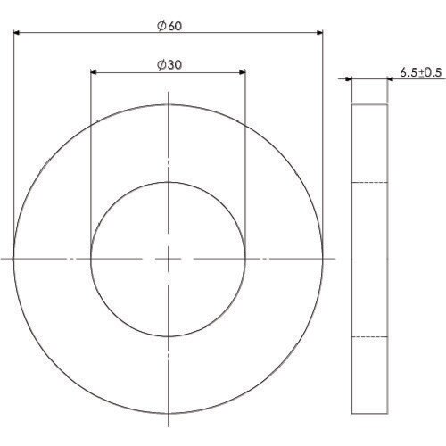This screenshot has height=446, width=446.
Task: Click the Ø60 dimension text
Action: [169, 26]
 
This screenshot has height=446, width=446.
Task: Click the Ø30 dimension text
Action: [169, 65]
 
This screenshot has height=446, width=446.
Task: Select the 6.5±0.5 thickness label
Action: [421, 72]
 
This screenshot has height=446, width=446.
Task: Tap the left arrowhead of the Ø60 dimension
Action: [17, 32]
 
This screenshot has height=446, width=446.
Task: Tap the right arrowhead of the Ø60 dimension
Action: [319, 32]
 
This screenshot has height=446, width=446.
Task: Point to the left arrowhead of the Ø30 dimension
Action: [94, 72]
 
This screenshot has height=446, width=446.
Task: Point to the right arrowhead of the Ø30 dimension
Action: [243, 72]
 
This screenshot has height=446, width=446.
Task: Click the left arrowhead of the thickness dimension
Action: [349, 79]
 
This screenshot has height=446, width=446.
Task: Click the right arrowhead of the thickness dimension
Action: [391, 79]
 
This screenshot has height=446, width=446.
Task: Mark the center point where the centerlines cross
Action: [169, 259]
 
